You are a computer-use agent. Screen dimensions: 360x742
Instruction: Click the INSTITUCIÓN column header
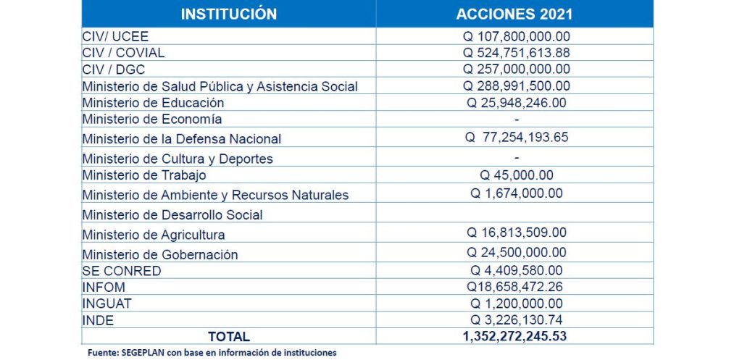[x=228, y=14]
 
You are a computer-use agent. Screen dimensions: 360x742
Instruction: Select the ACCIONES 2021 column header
[x=514, y=14]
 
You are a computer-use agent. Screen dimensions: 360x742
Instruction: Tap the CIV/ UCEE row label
[x=115, y=35]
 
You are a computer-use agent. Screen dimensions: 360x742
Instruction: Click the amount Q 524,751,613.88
[x=516, y=52]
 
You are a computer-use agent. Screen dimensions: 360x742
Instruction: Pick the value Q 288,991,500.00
[x=516, y=86]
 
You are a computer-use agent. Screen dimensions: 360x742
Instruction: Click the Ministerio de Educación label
[x=153, y=103]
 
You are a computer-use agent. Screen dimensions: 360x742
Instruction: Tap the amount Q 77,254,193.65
[x=517, y=138]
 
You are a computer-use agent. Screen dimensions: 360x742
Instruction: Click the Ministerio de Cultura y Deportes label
[x=178, y=158]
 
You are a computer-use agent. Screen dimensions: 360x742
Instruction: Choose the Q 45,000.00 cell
[x=516, y=175]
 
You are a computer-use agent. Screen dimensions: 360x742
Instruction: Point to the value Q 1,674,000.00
[x=516, y=193]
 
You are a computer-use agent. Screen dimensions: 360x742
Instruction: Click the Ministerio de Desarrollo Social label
[x=172, y=214]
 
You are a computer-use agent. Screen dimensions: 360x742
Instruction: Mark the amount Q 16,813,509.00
[x=516, y=233]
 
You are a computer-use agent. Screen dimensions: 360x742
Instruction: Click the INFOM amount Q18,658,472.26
[x=516, y=287]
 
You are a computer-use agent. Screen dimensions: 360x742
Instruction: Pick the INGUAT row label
[x=107, y=304]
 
